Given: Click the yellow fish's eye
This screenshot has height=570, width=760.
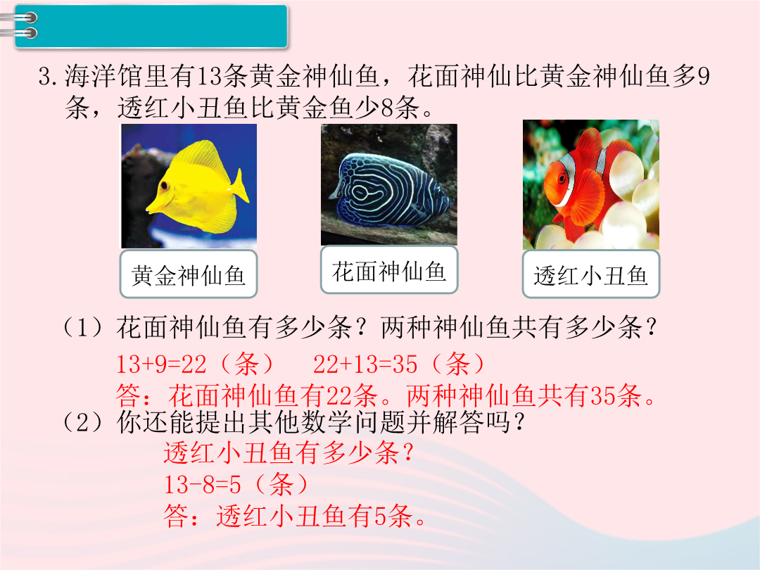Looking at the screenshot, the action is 165,185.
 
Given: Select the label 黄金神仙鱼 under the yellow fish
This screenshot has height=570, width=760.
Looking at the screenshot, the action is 189,275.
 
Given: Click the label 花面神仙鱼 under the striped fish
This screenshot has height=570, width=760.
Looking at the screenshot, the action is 388,271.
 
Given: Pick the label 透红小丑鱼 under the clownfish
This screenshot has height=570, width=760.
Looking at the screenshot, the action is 591,275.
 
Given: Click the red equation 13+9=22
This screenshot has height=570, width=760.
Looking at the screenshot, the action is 161,365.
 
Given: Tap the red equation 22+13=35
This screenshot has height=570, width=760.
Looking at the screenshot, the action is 365,365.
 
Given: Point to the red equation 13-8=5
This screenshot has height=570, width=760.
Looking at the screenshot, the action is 203,484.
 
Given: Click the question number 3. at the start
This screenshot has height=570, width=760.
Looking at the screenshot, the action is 49,77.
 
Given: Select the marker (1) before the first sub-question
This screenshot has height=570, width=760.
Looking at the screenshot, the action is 83,328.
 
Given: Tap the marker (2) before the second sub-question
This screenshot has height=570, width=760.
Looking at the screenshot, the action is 83,422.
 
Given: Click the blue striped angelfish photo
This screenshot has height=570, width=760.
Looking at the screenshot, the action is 388,184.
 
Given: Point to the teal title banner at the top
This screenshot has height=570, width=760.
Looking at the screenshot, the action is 151,26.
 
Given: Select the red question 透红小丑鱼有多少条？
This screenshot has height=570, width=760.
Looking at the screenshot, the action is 289,453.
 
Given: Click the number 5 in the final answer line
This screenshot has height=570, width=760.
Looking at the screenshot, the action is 381,516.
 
